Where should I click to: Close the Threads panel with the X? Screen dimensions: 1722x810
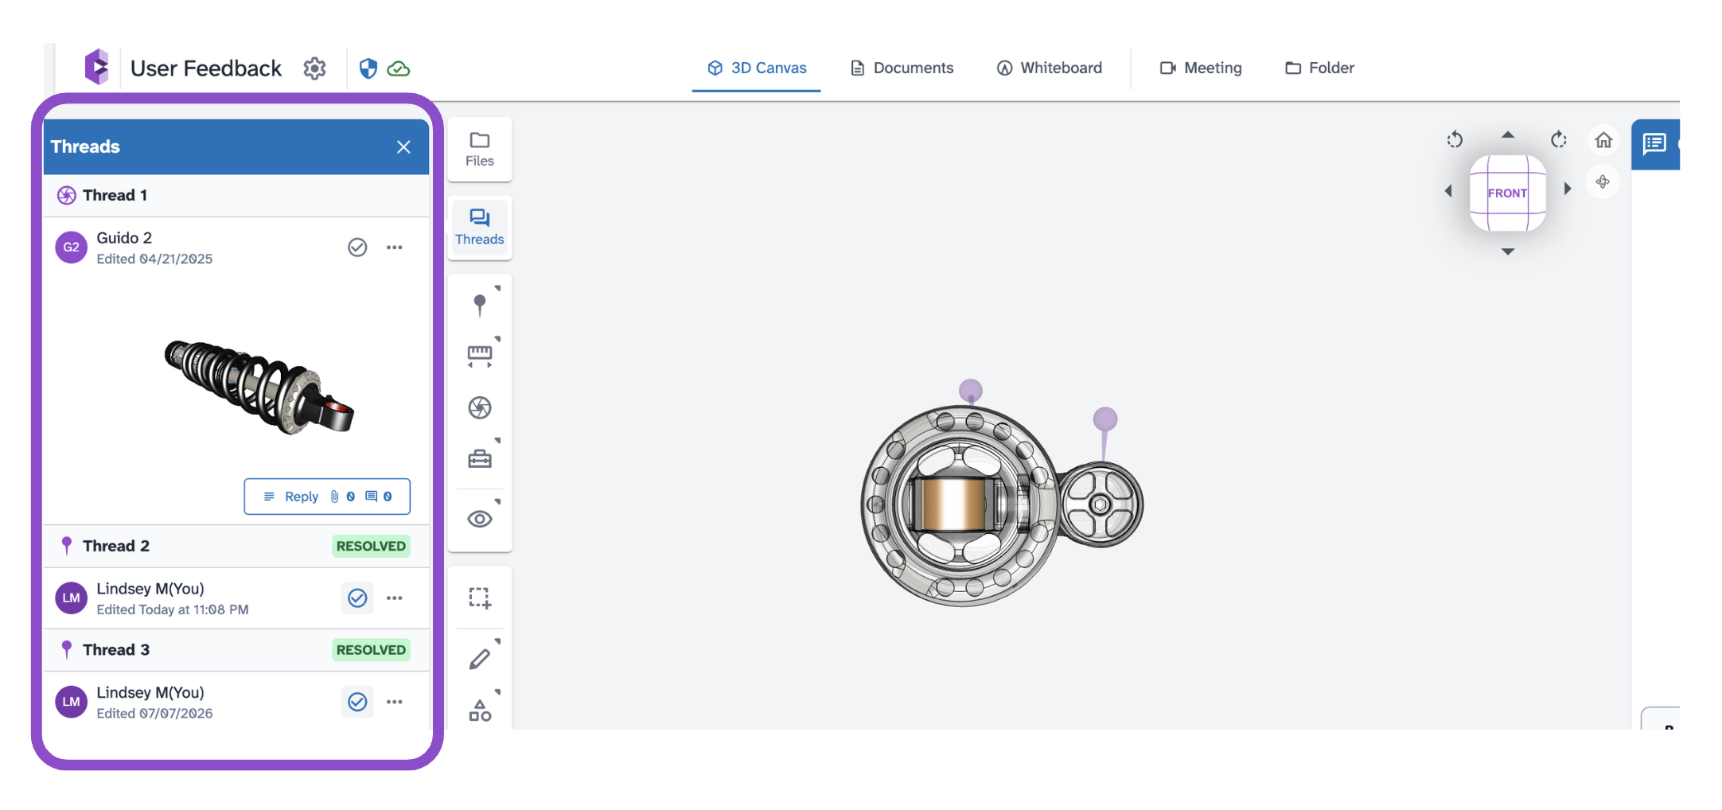pos(403,147)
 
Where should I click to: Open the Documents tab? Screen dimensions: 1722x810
pos(902,68)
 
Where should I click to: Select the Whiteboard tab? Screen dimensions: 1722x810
pos(1050,68)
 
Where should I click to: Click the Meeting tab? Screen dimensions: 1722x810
pos(1201,68)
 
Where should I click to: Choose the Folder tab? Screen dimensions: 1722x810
pos(1319,68)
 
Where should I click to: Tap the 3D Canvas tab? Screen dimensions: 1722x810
pos(757,68)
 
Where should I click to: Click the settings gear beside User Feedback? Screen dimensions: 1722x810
pos(315,68)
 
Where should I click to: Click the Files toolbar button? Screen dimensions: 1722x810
pos(480,150)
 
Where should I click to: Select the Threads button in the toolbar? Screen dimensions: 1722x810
pos(480,228)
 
